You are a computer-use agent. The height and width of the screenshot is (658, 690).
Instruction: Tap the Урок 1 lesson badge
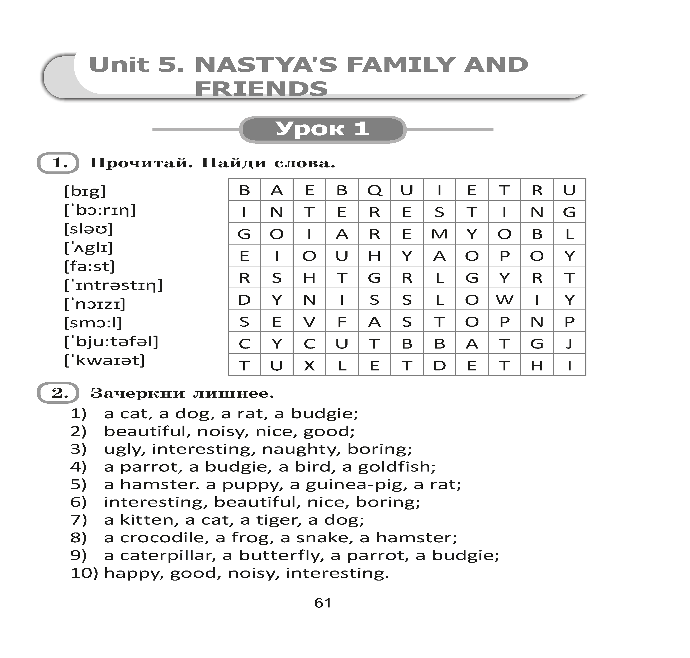pos(322,129)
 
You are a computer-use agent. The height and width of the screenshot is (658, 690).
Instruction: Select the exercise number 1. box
pos(58,163)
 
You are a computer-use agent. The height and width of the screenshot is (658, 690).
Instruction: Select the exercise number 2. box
pos(58,393)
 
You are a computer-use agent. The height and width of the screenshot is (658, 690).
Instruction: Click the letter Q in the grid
pos(374,190)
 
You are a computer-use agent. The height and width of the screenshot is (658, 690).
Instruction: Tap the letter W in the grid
pos(504,300)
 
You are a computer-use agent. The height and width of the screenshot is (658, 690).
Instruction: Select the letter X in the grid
pos(309,365)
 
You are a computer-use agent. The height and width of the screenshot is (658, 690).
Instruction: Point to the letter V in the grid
pos(309,322)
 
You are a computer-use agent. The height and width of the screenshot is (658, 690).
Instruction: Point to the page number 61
pos(322,603)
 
